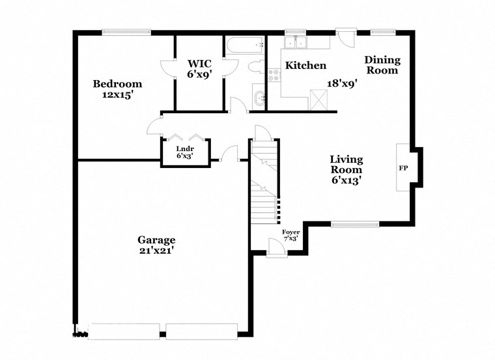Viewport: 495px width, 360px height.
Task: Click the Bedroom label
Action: [x=117, y=84]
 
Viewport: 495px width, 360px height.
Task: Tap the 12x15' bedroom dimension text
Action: [x=117, y=95]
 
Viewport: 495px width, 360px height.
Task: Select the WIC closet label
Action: [x=200, y=64]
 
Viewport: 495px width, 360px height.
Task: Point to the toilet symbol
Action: [x=255, y=67]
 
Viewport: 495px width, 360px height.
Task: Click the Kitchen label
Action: [x=306, y=66]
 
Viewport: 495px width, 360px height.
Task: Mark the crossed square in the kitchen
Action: [x=319, y=100]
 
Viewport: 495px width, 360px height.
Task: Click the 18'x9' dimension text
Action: [x=343, y=83]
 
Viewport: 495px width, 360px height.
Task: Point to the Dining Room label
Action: [x=382, y=65]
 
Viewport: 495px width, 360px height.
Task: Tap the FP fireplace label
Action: [x=403, y=169]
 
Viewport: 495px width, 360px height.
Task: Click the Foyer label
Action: [x=290, y=232]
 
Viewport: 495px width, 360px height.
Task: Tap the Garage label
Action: [x=156, y=239]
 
